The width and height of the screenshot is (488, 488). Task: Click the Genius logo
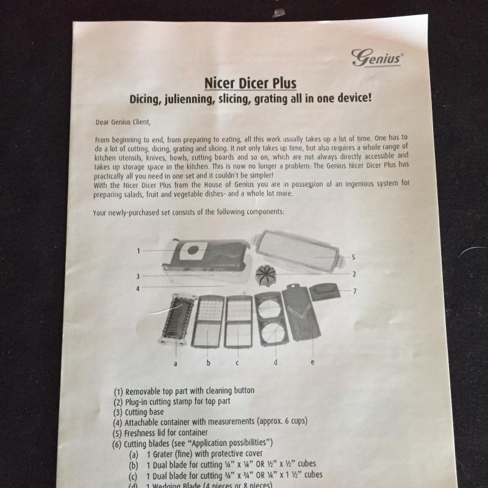click(x=377, y=58)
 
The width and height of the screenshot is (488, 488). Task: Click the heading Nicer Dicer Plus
click(x=250, y=83)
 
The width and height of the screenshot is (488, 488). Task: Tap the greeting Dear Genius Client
click(x=123, y=122)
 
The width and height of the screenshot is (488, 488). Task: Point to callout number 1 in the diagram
click(x=138, y=251)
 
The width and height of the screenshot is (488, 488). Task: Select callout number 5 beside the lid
click(x=353, y=257)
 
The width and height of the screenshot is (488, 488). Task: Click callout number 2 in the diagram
click(x=354, y=274)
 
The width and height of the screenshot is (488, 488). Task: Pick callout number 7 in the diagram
click(x=354, y=291)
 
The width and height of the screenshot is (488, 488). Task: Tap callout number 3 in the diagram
click(x=138, y=276)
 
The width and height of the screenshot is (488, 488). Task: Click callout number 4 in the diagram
click(x=138, y=289)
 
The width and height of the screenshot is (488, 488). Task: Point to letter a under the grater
click(x=176, y=364)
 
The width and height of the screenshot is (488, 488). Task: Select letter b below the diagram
click(x=208, y=362)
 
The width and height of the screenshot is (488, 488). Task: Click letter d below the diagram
click(x=276, y=362)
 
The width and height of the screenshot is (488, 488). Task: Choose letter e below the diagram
click(x=312, y=362)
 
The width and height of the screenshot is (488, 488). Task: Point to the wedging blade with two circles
click(x=270, y=319)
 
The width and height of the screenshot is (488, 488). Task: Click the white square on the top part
click(x=193, y=250)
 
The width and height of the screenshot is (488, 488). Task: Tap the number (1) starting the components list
click(x=118, y=392)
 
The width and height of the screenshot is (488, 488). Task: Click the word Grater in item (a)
click(x=163, y=454)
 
